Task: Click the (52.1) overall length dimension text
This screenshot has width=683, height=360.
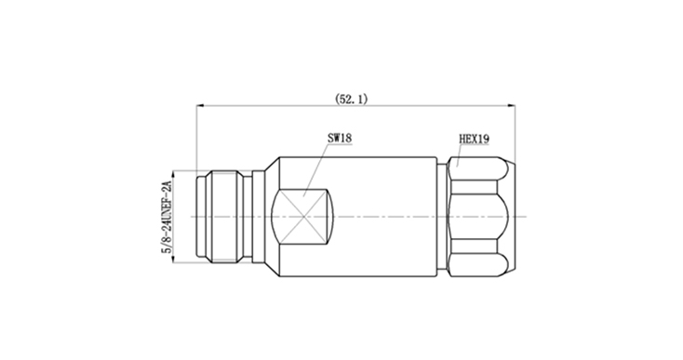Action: click(x=351, y=100)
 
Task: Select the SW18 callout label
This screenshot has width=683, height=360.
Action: click(x=340, y=139)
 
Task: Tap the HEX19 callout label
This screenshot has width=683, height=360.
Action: click(x=474, y=139)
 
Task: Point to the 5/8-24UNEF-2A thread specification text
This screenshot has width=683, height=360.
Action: click(x=167, y=217)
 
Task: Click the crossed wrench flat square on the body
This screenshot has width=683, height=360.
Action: click(x=302, y=217)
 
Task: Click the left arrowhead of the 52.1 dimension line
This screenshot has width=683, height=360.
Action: click(x=200, y=105)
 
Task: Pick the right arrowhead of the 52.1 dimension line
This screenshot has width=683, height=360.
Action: click(x=512, y=105)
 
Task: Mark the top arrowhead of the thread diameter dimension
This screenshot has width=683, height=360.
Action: click(x=173, y=174)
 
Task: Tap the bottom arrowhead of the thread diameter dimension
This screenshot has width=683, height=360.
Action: click(x=173, y=259)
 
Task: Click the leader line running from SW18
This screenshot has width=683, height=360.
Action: click(x=315, y=170)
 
